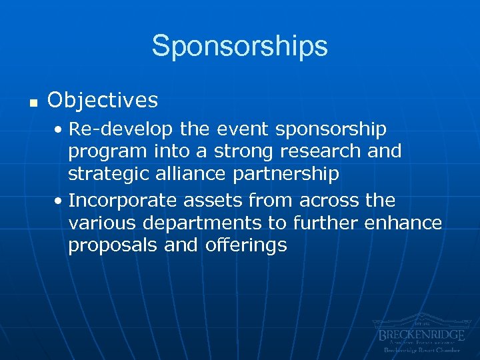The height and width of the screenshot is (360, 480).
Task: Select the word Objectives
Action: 103,100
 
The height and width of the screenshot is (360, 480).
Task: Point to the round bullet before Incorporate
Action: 61,201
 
